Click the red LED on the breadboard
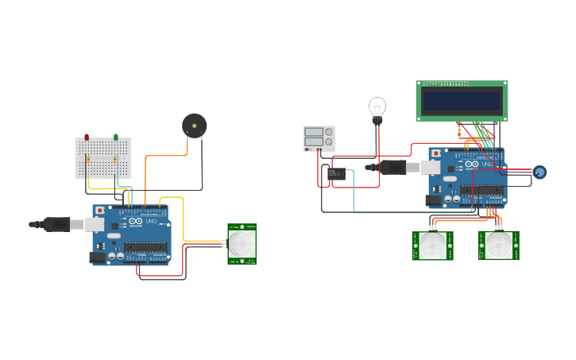click(x=87, y=137)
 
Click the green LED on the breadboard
click(x=116, y=137)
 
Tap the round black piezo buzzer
click(x=194, y=125)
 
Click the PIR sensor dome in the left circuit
click(x=242, y=243)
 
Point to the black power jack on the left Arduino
click(x=98, y=257)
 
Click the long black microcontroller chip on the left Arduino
click(x=145, y=246)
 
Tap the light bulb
click(x=377, y=108)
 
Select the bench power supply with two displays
click(x=319, y=137)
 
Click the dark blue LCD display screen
click(x=462, y=101)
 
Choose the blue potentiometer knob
click(x=539, y=172)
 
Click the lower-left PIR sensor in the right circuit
click(x=432, y=246)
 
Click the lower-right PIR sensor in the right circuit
click(x=499, y=246)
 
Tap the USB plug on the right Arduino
click(x=392, y=167)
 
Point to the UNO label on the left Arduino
click(x=151, y=221)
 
